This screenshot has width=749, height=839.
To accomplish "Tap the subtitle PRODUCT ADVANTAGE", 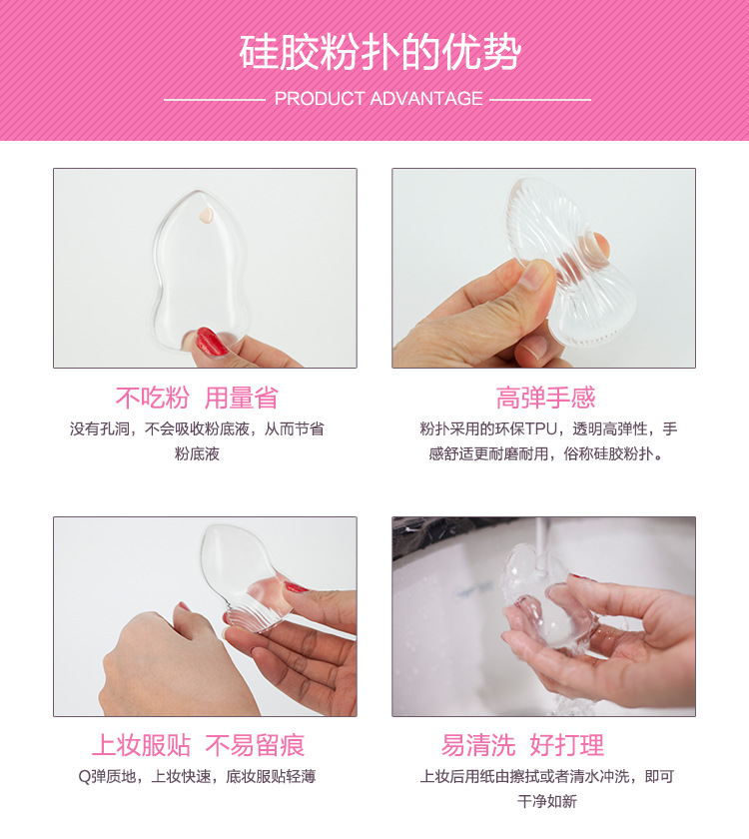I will coord(378,99).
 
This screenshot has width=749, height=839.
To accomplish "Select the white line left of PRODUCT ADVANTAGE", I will coord(213,100).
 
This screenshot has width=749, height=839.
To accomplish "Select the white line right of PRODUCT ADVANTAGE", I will coord(540,100).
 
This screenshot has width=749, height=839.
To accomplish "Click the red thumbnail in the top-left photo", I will coord(211,342).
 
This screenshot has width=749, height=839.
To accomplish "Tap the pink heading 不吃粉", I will coord(152,399).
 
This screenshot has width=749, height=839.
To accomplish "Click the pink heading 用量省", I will coord(241,399).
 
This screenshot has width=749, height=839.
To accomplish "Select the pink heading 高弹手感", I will coord(545,399).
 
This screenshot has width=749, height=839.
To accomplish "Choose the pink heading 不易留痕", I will coord(255,746).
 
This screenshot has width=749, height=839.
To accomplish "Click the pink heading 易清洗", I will coord(478,746).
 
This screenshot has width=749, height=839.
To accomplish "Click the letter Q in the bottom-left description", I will coord(83,776).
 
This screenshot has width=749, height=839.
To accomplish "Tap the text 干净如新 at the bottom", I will coord(546,802).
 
